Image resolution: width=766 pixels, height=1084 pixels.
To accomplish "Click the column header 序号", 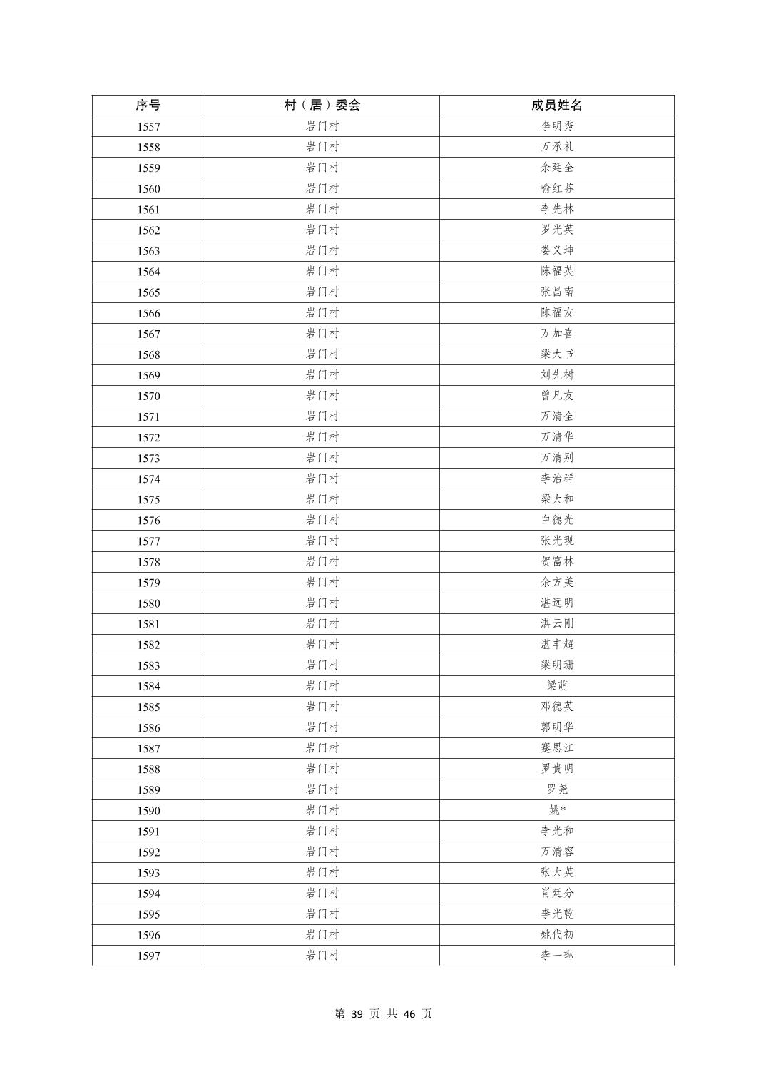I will click(x=148, y=105).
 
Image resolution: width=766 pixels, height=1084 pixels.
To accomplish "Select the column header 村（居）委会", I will click(x=322, y=105).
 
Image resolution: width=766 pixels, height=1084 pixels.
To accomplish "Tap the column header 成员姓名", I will click(x=556, y=105).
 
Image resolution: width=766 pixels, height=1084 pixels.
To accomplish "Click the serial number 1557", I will click(x=148, y=126).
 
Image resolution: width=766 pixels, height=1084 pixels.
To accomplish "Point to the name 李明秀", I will click(x=556, y=126).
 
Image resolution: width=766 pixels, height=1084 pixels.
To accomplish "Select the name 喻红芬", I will click(x=556, y=188).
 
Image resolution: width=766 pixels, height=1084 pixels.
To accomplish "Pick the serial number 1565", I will click(x=148, y=292).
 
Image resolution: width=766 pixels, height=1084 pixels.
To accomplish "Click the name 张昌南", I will click(x=556, y=292).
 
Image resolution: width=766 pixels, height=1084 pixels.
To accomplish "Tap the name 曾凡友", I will click(x=556, y=396).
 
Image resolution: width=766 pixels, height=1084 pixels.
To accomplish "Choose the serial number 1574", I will click(x=148, y=479).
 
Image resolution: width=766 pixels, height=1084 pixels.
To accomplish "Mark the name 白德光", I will click(x=556, y=520).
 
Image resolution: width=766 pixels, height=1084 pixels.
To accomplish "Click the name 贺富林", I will click(x=556, y=562).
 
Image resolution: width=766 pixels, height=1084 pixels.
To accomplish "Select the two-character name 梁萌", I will click(x=556, y=686).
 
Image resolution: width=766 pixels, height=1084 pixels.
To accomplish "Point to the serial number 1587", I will click(x=148, y=749).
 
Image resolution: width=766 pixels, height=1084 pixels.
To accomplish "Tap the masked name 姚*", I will click(x=556, y=810).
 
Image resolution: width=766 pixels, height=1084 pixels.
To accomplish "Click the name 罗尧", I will click(x=556, y=789).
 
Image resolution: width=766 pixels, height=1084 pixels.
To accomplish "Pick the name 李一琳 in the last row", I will click(x=556, y=956).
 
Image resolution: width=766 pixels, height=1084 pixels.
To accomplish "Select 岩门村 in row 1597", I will click(x=322, y=956).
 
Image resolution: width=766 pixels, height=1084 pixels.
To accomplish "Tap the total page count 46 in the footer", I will click(x=409, y=1014).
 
